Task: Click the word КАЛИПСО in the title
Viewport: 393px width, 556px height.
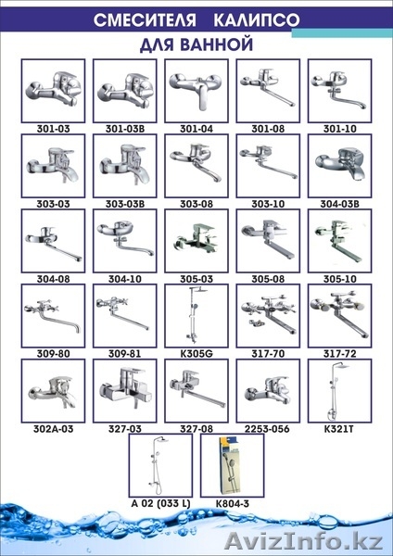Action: [257, 20]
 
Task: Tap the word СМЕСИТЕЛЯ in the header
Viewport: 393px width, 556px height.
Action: [145, 20]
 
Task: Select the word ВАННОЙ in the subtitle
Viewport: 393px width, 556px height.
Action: [216, 44]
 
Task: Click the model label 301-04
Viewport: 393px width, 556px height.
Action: [196, 129]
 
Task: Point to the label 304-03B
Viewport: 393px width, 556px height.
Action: [340, 204]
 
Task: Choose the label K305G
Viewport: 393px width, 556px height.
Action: [196, 354]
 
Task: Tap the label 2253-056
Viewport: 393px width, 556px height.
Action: [268, 429]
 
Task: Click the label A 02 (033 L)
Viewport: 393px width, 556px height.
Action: [160, 503]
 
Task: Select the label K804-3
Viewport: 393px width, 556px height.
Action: [233, 503]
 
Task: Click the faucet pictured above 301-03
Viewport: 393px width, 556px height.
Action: [53, 89]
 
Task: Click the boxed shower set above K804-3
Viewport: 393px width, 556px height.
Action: [233, 465]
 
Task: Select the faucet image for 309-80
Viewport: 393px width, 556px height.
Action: [53, 317]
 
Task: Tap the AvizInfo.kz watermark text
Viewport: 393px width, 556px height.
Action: [304, 541]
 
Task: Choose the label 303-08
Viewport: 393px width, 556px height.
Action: [196, 204]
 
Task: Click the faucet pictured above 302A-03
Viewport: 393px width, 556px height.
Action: [53, 391]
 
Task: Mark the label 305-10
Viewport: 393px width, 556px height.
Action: [340, 279]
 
